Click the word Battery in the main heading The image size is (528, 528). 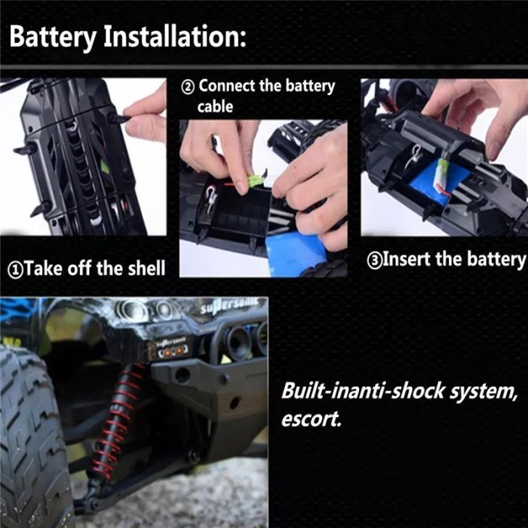54,37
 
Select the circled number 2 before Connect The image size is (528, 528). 189,87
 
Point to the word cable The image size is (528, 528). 216,107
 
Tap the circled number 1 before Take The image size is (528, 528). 17,269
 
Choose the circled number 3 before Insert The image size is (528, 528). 376,260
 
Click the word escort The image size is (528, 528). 310,419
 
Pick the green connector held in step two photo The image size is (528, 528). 255,183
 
